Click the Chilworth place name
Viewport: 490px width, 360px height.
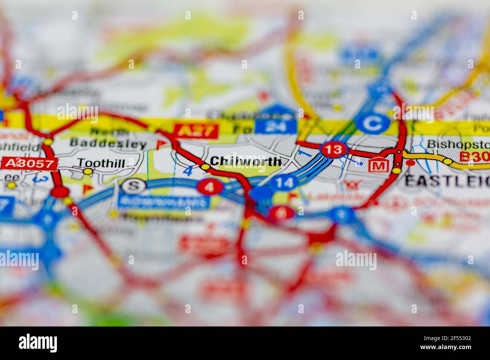click(245, 161)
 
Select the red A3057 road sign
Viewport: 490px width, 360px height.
click(29, 163)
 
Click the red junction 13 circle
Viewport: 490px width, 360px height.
click(333, 149)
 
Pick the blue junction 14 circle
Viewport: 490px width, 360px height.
click(284, 183)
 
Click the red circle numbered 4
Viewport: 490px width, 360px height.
click(210, 186)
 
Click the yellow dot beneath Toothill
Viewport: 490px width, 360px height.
click(88, 172)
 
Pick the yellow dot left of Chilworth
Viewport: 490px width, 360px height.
click(205, 166)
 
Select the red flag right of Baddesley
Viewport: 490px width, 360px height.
click(161, 143)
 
